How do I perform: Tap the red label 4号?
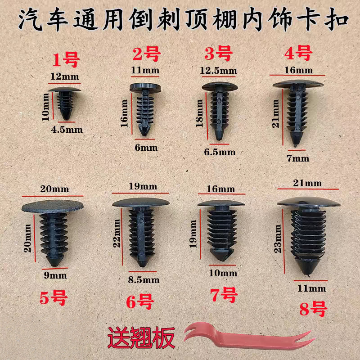(298, 53)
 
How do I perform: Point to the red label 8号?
(312, 309)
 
